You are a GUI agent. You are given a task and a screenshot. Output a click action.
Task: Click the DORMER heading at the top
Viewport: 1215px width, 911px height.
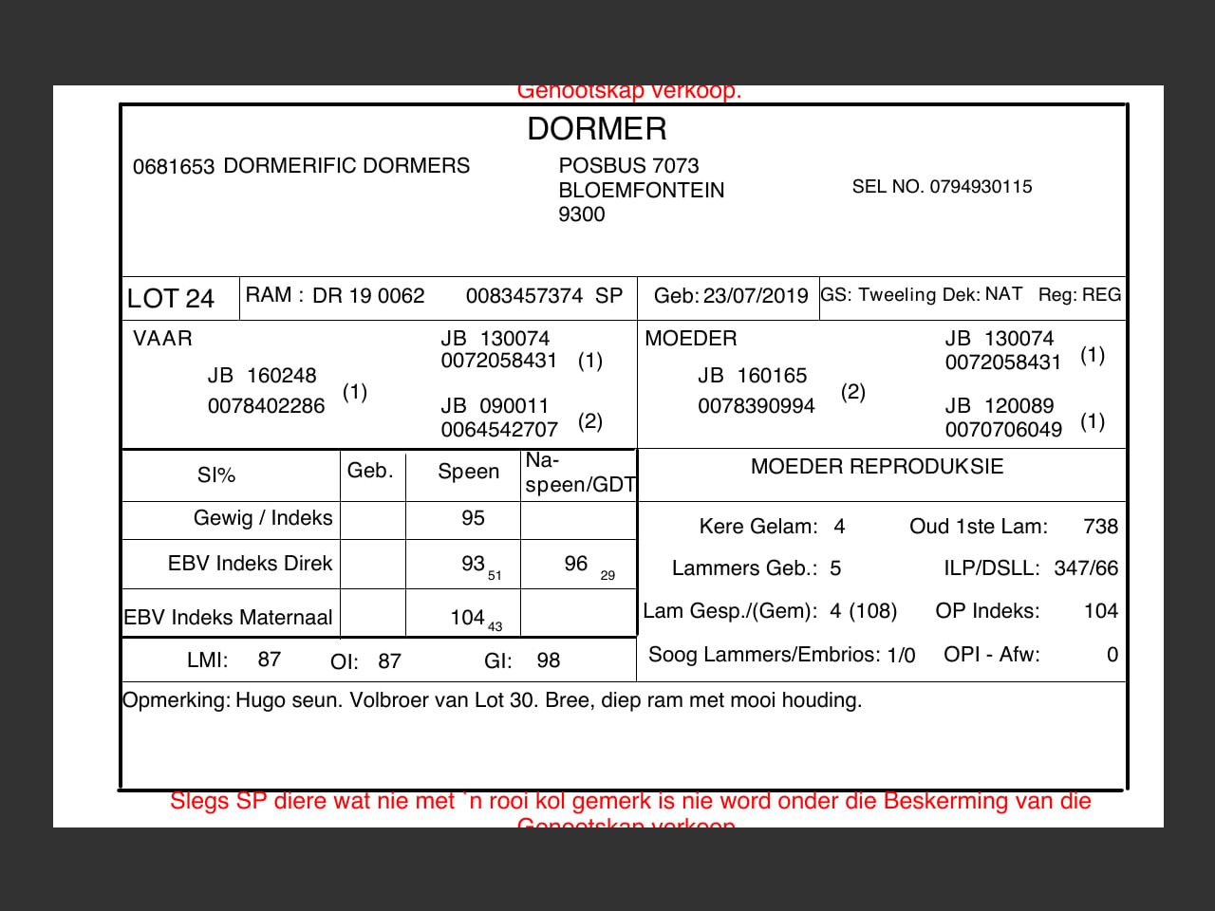(597, 129)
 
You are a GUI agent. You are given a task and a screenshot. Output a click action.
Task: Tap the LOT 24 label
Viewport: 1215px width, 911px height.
(171, 299)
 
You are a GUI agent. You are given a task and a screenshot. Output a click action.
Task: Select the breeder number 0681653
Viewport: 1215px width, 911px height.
(174, 167)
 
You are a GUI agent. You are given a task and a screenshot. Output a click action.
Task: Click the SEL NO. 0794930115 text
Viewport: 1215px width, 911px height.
(942, 187)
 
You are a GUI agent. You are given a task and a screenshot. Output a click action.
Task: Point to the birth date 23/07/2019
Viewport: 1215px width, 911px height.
(756, 296)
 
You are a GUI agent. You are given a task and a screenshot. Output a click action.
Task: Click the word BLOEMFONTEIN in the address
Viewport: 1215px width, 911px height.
(641, 190)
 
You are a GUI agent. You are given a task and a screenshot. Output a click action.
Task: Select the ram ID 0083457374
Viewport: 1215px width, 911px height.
(524, 296)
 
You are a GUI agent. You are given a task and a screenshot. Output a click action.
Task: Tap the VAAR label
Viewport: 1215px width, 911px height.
(162, 339)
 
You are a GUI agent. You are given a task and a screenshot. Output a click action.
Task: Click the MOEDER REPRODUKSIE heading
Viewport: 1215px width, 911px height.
(876, 466)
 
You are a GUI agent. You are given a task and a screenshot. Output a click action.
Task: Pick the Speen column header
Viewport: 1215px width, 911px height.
(468, 472)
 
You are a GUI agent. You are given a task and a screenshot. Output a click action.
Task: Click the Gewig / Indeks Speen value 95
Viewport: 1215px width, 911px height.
(473, 518)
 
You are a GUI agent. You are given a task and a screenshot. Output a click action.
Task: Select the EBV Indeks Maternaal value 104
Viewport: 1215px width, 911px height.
(467, 618)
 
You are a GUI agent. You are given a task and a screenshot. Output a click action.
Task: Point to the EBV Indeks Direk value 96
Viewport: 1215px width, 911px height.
(576, 564)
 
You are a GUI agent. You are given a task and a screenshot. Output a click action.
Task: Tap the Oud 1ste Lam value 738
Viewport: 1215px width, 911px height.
(1100, 527)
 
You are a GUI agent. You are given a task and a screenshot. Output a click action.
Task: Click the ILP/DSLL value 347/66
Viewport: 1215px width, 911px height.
(1086, 568)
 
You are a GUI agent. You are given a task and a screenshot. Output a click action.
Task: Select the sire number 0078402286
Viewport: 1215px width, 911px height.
(266, 406)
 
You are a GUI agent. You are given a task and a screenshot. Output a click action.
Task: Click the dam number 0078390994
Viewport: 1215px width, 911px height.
(756, 406)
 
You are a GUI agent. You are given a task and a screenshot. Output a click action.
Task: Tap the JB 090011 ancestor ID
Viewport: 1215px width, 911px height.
(495, 406)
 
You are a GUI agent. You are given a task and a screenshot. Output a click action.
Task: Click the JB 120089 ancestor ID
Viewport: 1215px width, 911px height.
(999, 406)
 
